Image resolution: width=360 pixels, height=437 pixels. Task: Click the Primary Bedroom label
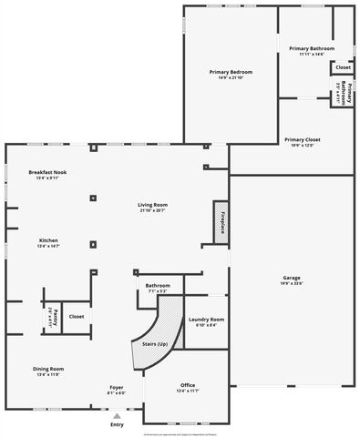(229, 71)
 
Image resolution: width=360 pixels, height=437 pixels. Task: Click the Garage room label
(292, 277)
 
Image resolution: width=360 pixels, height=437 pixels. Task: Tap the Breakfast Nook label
(47, 172)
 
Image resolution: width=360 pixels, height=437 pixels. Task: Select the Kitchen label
(47, 240)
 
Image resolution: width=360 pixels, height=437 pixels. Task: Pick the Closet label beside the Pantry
(77, 316)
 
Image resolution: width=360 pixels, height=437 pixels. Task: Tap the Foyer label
(117, 387)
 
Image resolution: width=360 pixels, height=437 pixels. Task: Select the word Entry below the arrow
(117, 425)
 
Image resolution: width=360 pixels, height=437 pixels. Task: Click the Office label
(188, 384)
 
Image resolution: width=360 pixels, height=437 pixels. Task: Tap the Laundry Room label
(206, 320)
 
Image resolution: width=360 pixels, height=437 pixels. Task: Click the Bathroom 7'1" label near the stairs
(158, 285)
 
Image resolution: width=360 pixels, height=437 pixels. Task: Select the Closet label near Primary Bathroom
(343, 67)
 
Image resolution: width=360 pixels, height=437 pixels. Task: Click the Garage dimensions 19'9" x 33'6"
(292, 283)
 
